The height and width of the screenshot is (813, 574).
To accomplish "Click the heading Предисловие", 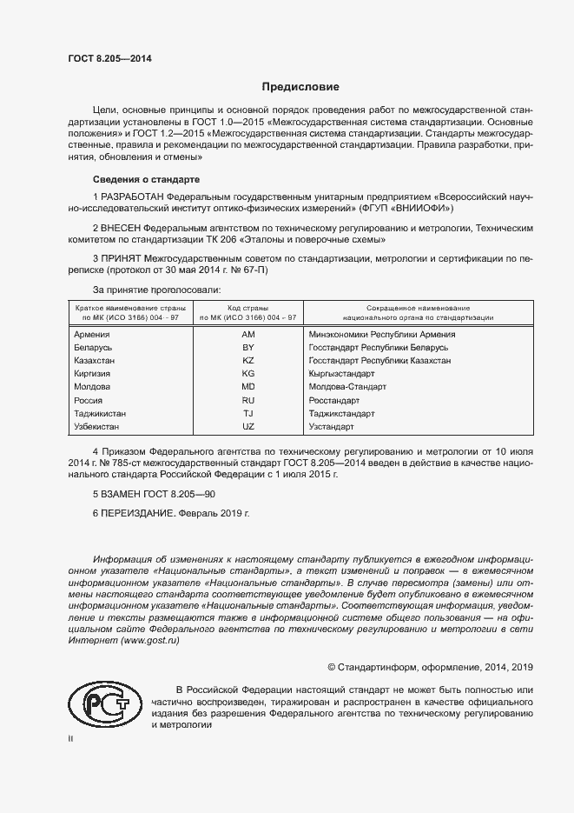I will point(300,87).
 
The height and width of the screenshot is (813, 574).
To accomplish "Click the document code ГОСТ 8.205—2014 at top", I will point(109,58).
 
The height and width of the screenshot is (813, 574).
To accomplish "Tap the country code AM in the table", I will point(247,334).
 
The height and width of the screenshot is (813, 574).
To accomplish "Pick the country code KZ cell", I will point(247,360).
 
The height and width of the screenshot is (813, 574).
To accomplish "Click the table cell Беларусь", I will point(93,347).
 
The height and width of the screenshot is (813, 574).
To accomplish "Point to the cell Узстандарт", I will point(332,427).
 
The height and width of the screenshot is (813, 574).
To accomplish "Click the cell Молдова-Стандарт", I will point(347,386).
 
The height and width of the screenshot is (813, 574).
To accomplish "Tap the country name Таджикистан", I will point(101,414).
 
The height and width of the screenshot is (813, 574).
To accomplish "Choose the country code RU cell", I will point(247,400).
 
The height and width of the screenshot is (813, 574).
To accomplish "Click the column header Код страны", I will point(247,309).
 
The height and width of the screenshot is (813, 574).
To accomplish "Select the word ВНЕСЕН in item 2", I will point(129,228).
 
